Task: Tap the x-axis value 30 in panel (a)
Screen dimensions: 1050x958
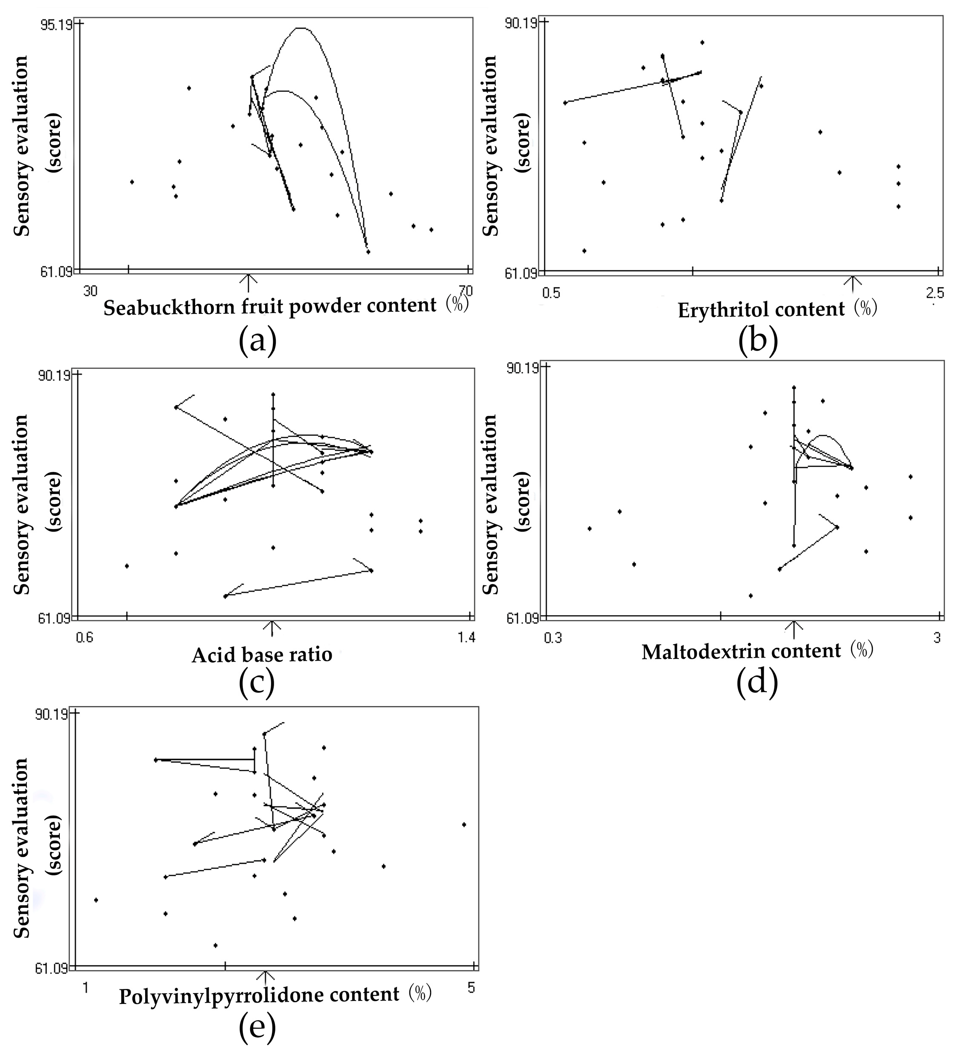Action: coord(90,291)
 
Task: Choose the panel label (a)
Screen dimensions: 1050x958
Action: coord(257,341)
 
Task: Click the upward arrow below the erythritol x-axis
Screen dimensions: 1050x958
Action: coord(852,284)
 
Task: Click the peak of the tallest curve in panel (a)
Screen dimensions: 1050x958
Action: coord(301,28)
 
